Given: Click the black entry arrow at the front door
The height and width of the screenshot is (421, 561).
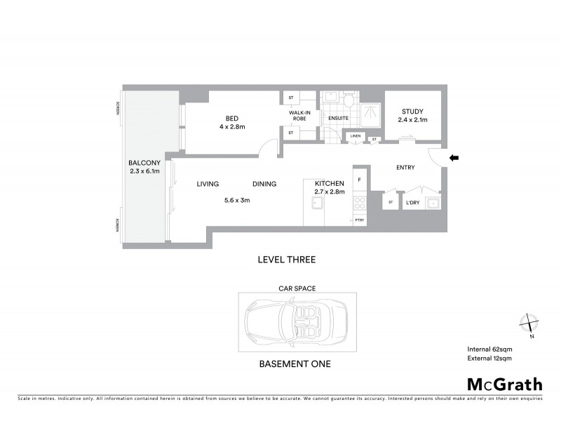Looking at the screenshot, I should point(454,159).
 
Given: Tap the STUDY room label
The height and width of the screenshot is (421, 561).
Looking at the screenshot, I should point(412,112).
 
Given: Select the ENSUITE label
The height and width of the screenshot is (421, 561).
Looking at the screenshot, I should point(338,118).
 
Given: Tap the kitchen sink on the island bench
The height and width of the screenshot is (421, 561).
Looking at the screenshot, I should point(317,203).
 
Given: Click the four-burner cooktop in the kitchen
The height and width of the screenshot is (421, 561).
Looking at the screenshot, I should point(360,203).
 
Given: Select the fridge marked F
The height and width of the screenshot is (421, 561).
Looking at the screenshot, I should point(360,180).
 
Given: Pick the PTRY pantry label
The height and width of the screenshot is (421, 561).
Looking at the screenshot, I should point(360,220).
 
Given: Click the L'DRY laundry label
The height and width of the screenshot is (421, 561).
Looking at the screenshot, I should point(412,203).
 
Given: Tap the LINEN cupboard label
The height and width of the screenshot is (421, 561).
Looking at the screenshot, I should point(356,135).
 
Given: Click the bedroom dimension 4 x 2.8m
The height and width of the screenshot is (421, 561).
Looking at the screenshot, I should point(233,127).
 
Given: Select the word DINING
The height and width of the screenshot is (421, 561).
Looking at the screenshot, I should point(264,185).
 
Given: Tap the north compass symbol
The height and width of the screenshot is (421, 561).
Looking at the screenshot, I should point(527,323).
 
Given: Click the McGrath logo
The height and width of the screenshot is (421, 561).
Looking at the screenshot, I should point(504,384).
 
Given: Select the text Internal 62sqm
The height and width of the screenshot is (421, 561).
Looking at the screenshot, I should point(489,349).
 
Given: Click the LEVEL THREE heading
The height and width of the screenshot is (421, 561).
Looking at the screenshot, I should point(287,260).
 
